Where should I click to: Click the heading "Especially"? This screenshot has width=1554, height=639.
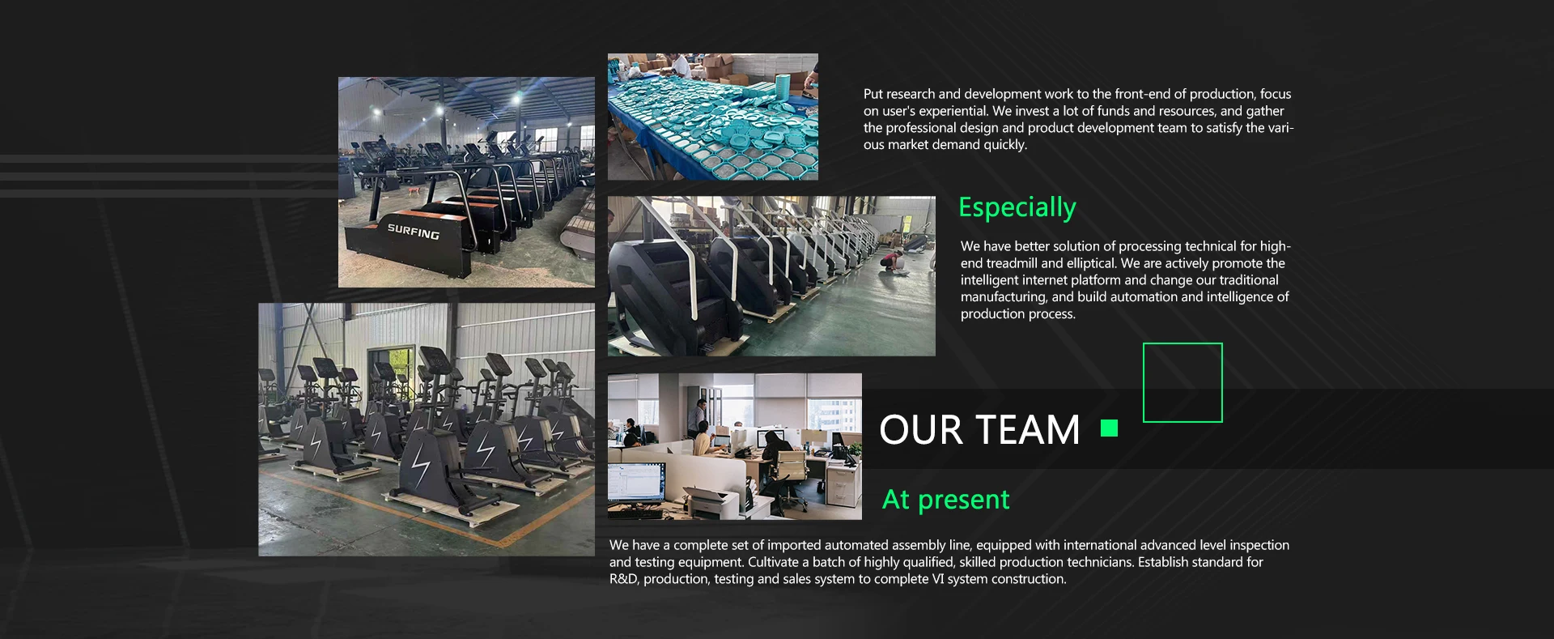[1017, 207]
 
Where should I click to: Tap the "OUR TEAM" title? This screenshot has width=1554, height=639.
[979, 429]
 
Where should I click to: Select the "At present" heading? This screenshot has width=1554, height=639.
[945, 500]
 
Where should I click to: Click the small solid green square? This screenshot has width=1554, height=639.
[1110, 428]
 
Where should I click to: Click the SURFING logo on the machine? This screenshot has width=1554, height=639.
[413, 232]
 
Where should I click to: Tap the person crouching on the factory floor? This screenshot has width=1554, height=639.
[893, 261]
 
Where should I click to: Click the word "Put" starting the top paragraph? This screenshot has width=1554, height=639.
[873, 94]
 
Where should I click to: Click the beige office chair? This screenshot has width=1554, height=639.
[791, 466]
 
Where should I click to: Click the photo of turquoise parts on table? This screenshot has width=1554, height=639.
[713, 117]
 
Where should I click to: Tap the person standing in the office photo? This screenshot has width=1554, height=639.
[701, 418]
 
